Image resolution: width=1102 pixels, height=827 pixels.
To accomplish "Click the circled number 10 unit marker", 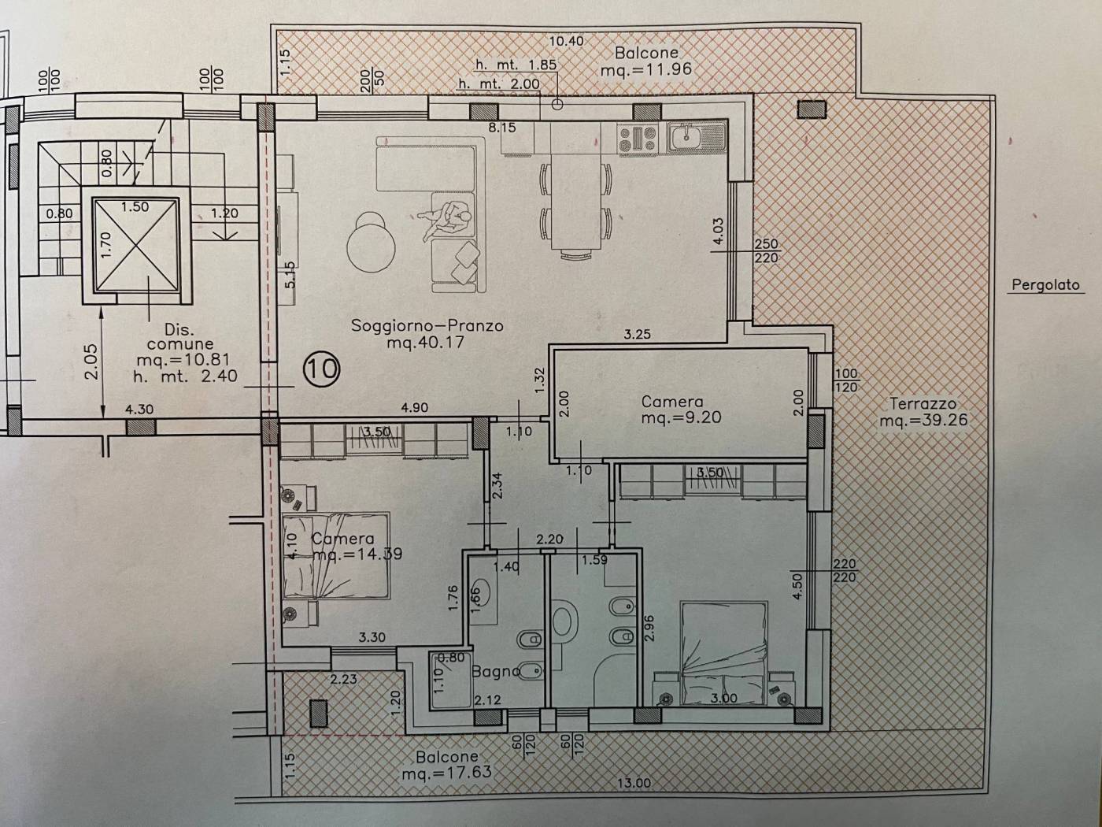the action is tap(321, 369).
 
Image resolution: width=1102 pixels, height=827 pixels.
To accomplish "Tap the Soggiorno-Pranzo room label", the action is tap(427, 325).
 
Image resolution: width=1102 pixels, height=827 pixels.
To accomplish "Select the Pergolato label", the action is tap(1045, 285).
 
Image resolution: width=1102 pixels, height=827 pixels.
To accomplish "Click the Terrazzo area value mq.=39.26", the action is tap(923, 420).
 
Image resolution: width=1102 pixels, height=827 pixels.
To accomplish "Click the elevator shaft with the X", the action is tap(136, 244).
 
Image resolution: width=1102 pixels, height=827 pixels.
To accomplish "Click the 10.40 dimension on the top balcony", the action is tap(566, 41).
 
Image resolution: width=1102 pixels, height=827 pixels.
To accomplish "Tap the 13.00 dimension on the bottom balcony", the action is tap(634, 783).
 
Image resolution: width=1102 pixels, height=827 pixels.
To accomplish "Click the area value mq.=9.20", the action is tap(681, 417).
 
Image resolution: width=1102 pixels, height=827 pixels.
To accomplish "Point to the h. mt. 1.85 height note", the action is tap(516, 65).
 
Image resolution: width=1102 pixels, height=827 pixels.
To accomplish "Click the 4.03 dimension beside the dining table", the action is tap(719, 231).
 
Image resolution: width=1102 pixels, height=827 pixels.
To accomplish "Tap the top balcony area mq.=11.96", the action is tap(646, 69).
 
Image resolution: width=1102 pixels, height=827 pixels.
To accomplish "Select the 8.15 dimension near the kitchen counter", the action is tap(502, 128).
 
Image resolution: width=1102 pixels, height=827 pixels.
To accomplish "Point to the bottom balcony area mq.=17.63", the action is tap(446, 773).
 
